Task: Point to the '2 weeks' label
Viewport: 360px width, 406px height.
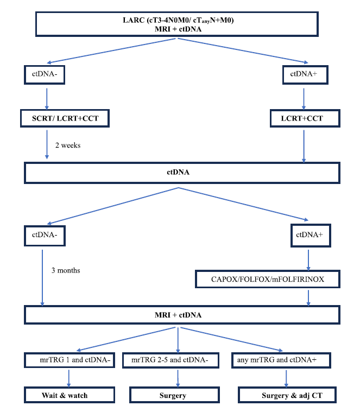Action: (x=68, y=145)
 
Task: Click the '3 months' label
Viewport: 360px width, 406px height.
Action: (x=66, y=270)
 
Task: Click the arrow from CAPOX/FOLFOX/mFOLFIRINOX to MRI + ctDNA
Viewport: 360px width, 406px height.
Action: (x=308, y=298)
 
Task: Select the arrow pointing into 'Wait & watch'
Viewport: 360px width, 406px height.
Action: (x=68, y=378)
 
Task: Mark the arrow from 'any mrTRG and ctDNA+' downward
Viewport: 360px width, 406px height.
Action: (x=286, y=378)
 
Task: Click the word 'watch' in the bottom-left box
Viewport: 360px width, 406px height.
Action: (x=78, y=395)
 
